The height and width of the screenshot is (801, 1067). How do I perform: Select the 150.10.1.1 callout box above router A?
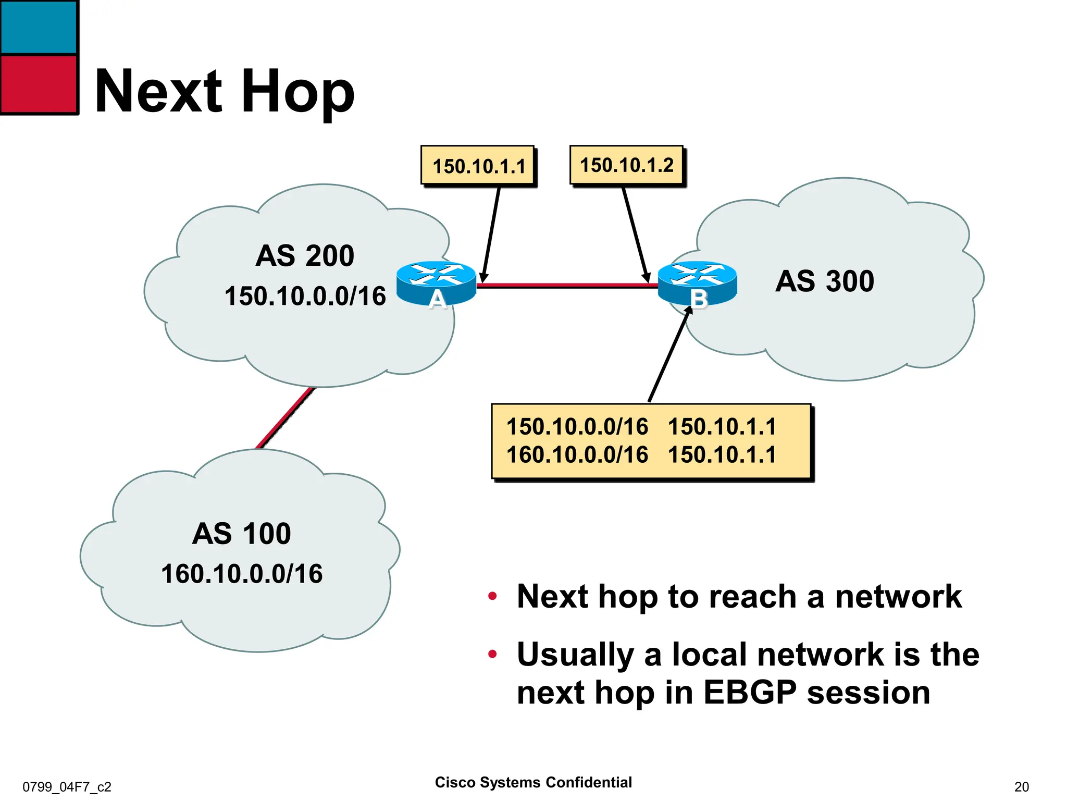click(x=478, y=166)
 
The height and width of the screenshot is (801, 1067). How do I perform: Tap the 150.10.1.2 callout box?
click(x=626, y=165)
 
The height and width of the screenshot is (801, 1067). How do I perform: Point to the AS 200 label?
click(x=305, y=256)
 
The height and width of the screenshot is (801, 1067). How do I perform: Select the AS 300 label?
click(x=824, y=281)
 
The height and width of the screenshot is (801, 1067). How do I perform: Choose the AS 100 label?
click(x=241, y=534)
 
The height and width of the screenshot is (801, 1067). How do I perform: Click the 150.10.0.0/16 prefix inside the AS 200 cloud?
click(x=305, y=296)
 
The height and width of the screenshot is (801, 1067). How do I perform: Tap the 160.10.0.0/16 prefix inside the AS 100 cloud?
click(x=241, y=574)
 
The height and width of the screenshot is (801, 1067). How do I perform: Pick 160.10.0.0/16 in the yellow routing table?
click(x=577, y=454)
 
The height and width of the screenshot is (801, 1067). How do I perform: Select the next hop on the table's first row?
click(x=722, y=427)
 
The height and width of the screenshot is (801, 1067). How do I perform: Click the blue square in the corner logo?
click(x=39, y=27)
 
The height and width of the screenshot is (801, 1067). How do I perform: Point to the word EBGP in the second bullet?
click(x=750, y=693)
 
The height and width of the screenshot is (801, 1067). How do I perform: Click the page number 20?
click(x=1021, y=786)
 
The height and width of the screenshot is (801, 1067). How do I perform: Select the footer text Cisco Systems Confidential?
click(x=533, y=782)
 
